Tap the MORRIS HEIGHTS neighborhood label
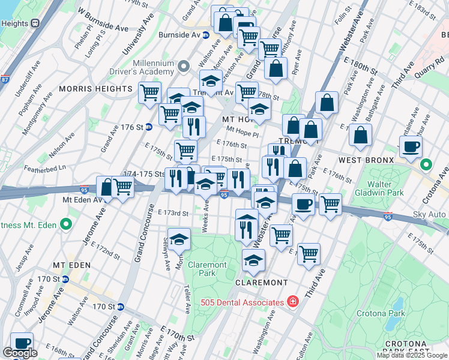tap(95, 89)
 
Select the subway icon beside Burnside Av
tap(205, 35)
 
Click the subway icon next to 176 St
tap(148, 127)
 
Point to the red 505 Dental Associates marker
tap(292, 301)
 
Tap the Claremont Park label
tap(208, 269)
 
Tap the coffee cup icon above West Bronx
tap(411, 146)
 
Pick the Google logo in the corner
tap(20, 353)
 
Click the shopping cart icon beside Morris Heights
tap(149, 93)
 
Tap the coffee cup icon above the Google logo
tap(22, 343)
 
